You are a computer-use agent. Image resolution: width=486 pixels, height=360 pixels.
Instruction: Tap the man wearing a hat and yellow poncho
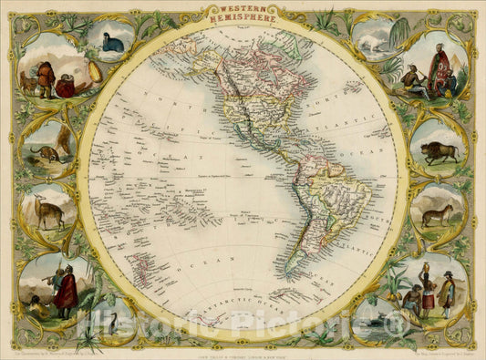445,293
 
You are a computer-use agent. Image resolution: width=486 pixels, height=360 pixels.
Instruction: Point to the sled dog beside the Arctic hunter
27,84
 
